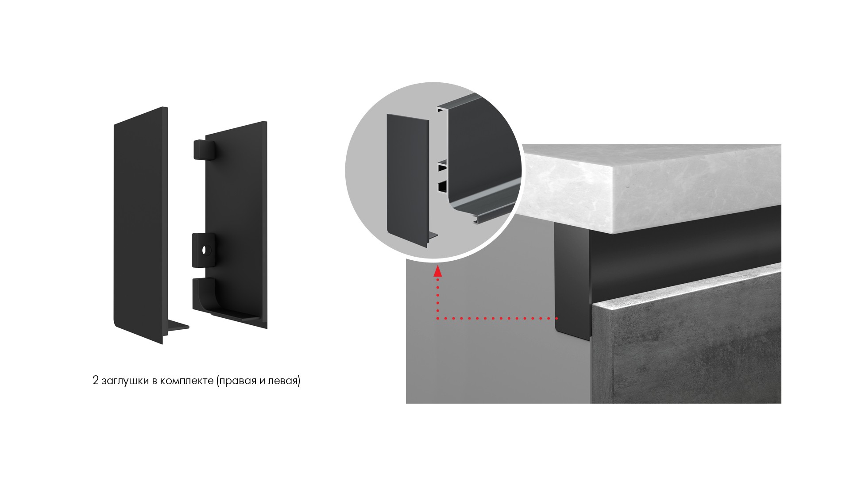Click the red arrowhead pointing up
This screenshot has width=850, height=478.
[x=438, y=271]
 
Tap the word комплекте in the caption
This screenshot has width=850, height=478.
[x=188, y=381]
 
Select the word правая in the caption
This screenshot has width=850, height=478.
[x=238, y=381]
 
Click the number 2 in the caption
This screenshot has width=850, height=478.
[x=96, y=381]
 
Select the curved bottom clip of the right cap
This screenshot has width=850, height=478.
[x=205, y=294]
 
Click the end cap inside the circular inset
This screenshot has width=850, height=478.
[x=408, y=176]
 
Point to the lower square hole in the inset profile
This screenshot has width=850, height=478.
[x=442, y=188]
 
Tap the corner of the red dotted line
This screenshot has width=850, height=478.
[x=438, y=318]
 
